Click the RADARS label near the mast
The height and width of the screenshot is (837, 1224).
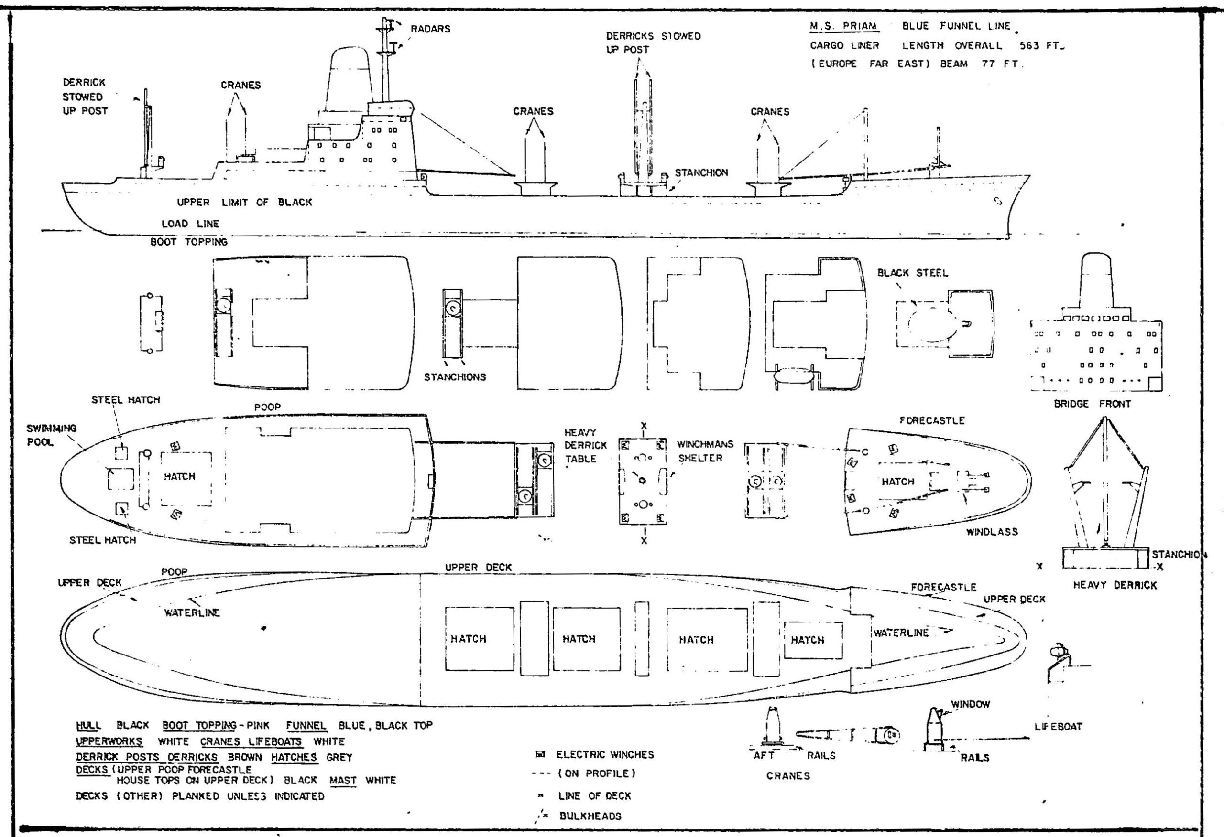coord(430,29)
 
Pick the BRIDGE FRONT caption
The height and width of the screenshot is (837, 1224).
coord(1092,404)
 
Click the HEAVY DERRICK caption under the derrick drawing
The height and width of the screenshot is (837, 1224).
coord(1115,585)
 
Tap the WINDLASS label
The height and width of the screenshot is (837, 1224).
coord(991,532)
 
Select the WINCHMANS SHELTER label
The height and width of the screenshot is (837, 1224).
coord(705,451)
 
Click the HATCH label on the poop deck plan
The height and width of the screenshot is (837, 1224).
coord(179,476)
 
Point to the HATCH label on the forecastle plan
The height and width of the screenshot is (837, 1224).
coord(898,481)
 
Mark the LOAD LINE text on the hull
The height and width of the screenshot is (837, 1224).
coord(190,224)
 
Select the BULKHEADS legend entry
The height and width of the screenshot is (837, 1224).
coord(590,816)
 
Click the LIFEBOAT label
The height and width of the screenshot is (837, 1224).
coord(1058,727)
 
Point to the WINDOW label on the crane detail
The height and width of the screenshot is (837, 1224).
coord(970,704)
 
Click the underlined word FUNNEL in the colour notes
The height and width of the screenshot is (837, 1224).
coord(306,725)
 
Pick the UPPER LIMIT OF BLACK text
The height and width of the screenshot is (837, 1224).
coord(244,202)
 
